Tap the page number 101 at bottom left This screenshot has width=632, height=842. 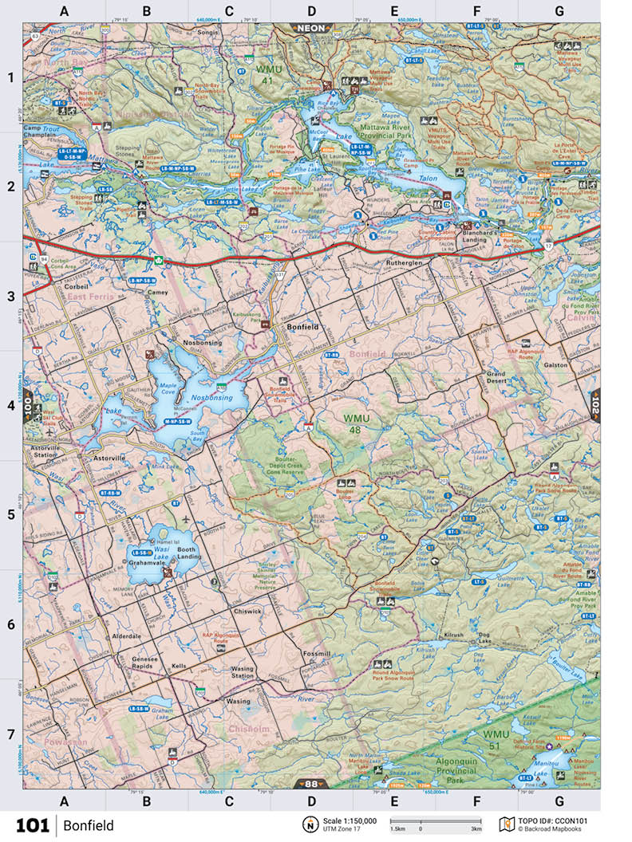32,824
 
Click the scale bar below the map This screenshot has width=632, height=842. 435,820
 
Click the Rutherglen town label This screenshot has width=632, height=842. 403,263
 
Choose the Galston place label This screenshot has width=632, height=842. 556,364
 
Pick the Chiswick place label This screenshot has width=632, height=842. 248,612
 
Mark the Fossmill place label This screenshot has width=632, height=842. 317,653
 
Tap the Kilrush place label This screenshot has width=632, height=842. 453,635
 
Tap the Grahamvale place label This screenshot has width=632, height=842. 146,562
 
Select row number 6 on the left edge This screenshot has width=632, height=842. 11,624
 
